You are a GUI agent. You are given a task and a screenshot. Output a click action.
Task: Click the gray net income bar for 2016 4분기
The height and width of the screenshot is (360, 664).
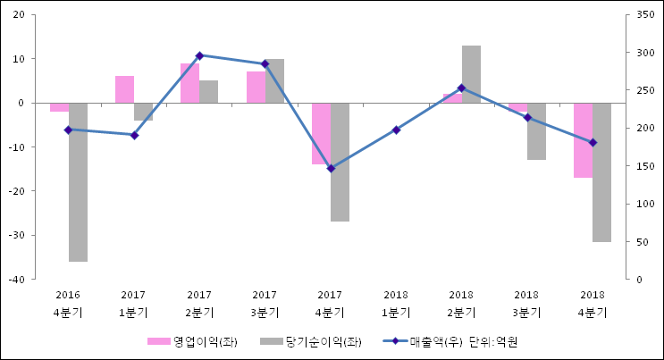point(78,181)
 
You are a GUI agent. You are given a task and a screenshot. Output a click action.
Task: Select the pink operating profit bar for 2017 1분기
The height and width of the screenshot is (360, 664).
point(124,89)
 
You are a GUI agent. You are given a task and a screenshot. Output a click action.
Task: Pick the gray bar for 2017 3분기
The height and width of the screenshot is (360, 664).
point(274,81)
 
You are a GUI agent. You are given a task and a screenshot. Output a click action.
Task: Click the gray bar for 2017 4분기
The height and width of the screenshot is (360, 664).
point(340,162)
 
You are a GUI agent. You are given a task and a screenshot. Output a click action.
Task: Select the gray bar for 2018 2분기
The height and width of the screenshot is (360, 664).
point(471,74)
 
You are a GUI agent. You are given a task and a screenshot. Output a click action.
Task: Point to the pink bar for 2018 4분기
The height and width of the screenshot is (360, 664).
point(583,140)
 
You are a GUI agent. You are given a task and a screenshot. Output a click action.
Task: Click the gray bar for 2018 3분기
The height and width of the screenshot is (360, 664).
point(536,131)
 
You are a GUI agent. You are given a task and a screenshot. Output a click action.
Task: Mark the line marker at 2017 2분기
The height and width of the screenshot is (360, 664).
point(199,55)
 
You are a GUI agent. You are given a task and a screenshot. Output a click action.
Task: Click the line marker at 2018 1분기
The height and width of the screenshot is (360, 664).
point(396,130)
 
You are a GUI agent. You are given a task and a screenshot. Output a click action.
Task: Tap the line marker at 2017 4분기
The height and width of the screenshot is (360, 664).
point(331,169)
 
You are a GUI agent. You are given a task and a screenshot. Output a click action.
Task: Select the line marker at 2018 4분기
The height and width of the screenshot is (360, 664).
point(593,143)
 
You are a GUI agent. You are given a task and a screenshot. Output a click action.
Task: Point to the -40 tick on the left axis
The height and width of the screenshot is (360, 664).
point(17,280)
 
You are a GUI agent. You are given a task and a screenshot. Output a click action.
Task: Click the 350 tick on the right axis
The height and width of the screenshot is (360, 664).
point(638,15)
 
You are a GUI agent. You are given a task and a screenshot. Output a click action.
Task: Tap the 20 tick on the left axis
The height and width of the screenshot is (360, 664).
point(19,15)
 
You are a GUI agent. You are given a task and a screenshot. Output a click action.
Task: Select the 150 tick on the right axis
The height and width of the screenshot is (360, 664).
point(638,166)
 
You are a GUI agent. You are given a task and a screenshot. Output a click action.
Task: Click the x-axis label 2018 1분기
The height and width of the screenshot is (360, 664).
point(396,304)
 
